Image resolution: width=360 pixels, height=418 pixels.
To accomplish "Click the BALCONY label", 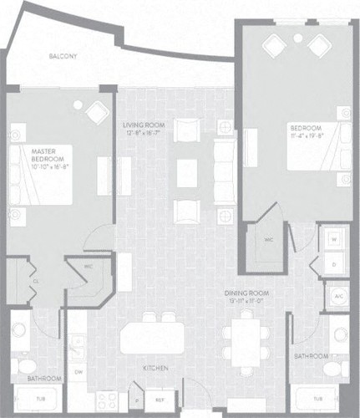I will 63,57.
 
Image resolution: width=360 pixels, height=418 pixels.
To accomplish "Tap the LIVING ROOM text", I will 141,124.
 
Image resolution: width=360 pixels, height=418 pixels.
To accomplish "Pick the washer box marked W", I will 334,238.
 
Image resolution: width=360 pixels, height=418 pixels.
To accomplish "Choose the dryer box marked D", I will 334,263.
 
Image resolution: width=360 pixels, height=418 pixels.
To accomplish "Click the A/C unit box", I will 337,296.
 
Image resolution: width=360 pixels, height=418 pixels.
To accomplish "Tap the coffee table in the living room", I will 187,171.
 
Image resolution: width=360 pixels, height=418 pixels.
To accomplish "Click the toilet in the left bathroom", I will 25,366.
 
